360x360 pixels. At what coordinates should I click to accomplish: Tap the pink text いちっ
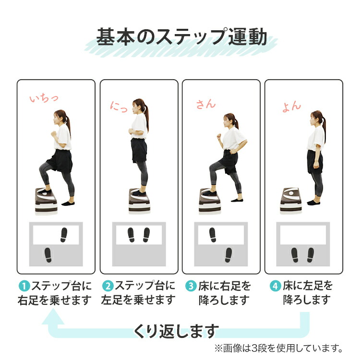pos(44,98)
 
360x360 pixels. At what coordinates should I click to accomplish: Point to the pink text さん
pos(206,104)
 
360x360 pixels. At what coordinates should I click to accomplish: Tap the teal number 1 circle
pos(24,287)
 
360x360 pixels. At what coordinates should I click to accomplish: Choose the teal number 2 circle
pos(108,287)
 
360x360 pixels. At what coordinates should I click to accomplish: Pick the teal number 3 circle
pos(191,287)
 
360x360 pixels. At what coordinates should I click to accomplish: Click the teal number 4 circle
pos(275,287)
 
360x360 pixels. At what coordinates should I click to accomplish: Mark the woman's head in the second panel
pos(139,106)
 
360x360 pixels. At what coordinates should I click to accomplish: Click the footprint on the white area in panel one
pos(64,235)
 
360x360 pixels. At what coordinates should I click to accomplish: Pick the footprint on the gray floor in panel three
pos(228,255)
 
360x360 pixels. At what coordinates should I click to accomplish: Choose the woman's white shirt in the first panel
pos(63,136)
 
